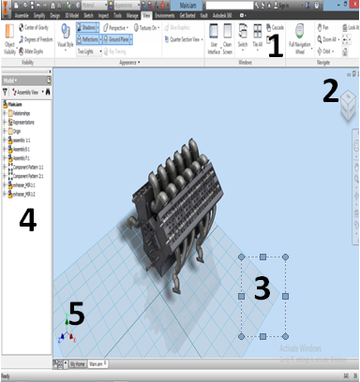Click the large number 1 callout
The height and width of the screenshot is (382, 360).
pos(274,44)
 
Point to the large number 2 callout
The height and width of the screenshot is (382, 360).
pos(330,90)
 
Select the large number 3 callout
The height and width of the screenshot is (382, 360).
pos(263,290)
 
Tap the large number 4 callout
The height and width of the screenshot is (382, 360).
pos(28,220)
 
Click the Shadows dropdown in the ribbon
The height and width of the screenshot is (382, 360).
pos(90,29)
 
